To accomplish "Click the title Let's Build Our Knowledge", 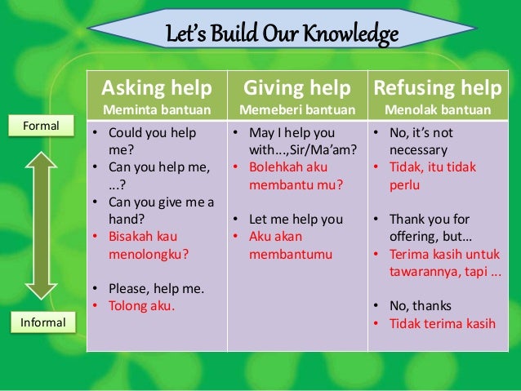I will pyautogui.click(x=282, y=35).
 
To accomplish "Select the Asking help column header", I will pyautogui.click(x=155, y=87).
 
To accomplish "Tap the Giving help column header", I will pyautogui.click(x=298, y=87).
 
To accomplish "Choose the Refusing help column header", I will pyautogui.click(x=439, y=87).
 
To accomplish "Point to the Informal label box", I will pyautogui.click(x=41, y=324).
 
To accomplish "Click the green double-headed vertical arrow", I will pyautogui.click(x=39, y=224).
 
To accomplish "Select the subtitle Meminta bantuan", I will pyautogui.click(x=155, y=109).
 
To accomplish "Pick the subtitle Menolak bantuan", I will pyautogui.click(x=439, y=109).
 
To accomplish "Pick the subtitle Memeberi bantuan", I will pyautogui.click(x=297, y=109).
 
